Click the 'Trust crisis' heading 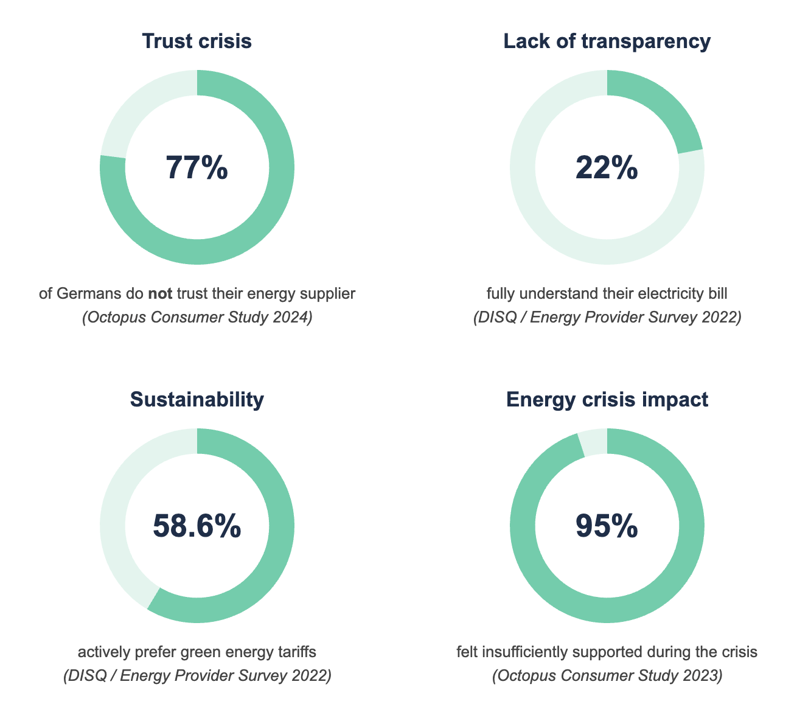pos(197,41)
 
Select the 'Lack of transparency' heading pos(607,41)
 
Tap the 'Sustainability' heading pos(197,400)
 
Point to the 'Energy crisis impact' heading pos(607,400)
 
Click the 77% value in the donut pos(197,167)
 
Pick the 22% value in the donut pos(607,167)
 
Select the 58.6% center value pos(197,526)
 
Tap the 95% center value pos(607,526)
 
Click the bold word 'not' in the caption pos(160,295)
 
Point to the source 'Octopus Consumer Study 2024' pos(197,318)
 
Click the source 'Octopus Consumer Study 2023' pos(607,676)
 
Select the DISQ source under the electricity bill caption pos(607,318)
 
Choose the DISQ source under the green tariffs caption pos(197,676)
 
